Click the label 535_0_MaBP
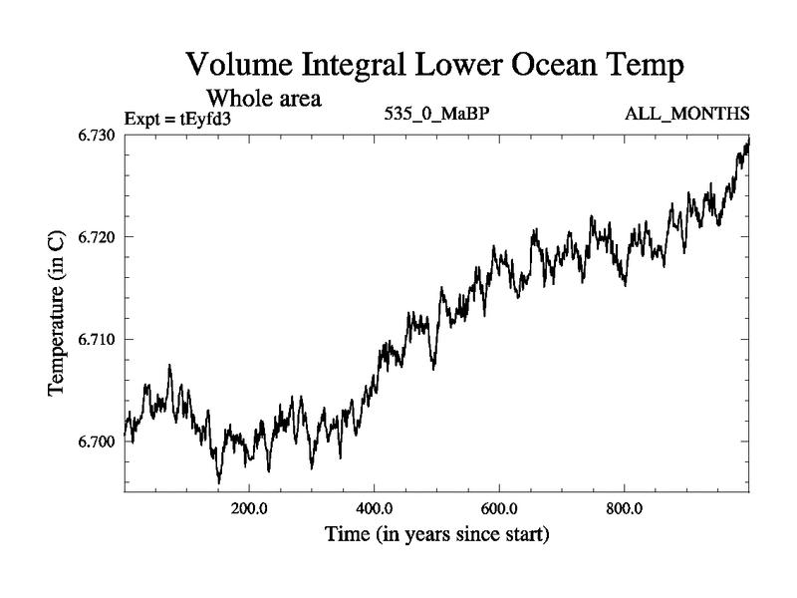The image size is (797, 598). coord(436,114)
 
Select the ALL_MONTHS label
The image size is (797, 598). coord(686,114)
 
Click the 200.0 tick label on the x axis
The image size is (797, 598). coord(249,506)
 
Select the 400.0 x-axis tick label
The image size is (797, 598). coord(374,506)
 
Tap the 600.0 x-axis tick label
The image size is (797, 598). coord(499,506)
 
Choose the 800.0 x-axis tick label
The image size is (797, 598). coord(624,506)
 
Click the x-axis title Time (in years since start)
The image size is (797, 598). coord(436,535)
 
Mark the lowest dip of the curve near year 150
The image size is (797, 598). coord(219,482)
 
